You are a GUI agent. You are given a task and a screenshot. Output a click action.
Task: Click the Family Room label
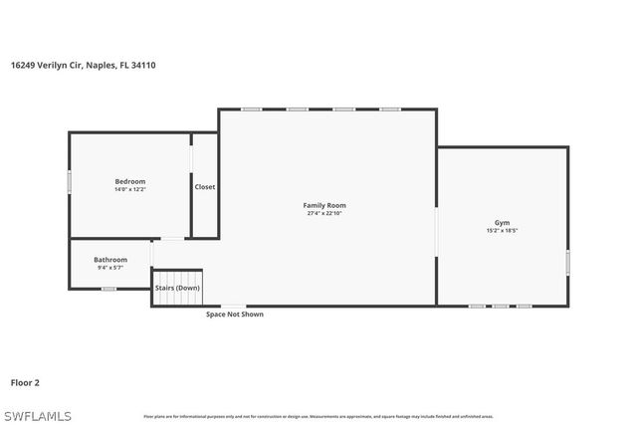[324, 205]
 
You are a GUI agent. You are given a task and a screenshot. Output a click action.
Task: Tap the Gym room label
[502, 222]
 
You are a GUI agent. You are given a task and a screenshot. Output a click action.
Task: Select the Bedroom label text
[130, 181]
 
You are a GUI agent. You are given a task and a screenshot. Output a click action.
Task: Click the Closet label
[205, 187]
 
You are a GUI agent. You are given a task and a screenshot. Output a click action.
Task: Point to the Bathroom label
[110, 260]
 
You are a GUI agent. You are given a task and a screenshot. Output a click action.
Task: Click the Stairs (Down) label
[177, 288]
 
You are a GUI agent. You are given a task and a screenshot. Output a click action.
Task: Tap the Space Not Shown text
[235, 315]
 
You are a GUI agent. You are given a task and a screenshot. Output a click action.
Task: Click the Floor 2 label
[25, 382]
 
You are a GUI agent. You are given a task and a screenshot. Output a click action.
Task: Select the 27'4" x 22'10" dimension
[324, 213]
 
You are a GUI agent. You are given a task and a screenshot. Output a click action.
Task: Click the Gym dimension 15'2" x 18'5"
[502, 230]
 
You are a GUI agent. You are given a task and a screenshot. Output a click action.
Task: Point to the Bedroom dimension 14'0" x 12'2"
[130, 189]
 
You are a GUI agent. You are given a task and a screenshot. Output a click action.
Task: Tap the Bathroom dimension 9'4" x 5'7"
[110, 268]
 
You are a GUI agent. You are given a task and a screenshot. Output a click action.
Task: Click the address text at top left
[83, 65]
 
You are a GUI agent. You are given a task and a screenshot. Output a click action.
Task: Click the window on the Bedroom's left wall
[70, 182]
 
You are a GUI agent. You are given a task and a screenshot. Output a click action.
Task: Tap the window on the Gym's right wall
[568, 261]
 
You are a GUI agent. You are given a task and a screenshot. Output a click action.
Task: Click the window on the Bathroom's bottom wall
[108, 289]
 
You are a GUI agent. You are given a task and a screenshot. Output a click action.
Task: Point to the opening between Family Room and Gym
[436, 232]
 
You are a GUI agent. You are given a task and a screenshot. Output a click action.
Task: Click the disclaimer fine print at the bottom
[318, 416]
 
